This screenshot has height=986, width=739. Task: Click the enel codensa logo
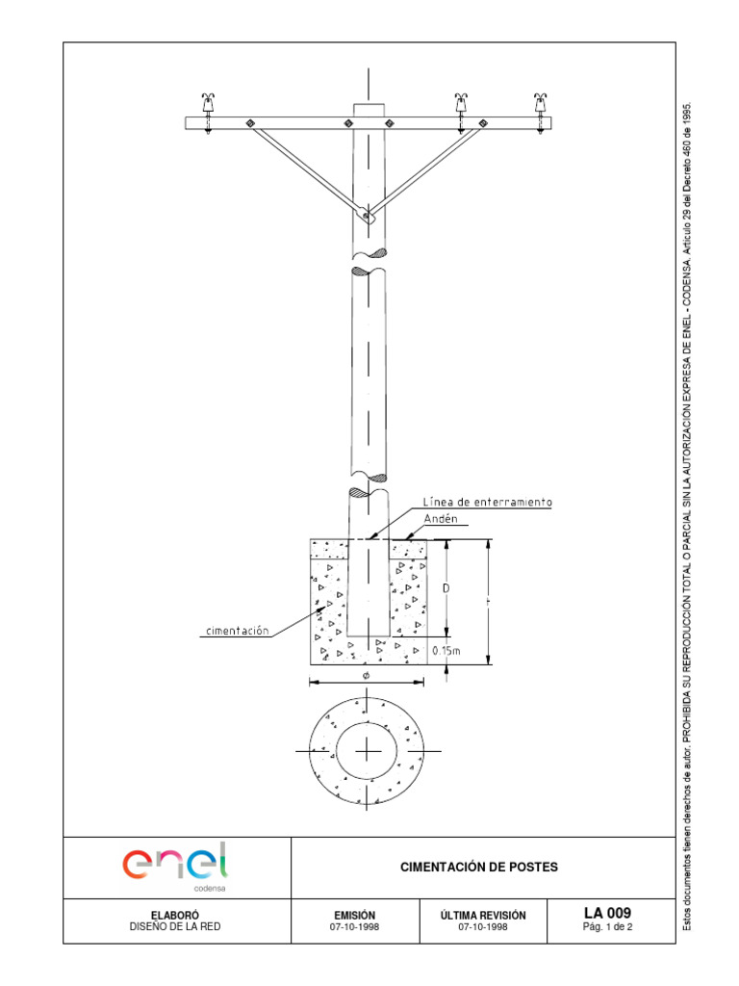(175, 863)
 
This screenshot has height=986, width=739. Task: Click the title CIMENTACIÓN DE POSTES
(478, 868)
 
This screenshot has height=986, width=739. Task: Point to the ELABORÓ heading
(175, 915)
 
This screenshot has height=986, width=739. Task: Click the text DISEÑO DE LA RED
(175, 927)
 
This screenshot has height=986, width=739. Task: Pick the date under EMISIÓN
(354, 927)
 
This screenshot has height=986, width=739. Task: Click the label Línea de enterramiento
(487, 503)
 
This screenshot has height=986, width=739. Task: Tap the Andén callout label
(439, 519)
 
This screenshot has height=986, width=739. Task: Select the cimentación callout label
(236, 632)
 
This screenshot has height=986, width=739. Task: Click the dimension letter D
(446, 586)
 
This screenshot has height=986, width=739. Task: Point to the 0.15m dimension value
(446, 651)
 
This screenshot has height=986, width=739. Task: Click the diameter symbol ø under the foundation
(367, 676)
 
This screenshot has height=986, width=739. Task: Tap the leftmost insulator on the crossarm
(208, 103)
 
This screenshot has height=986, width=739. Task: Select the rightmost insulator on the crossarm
(540, 103)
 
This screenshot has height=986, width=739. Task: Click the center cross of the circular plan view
(368, 750)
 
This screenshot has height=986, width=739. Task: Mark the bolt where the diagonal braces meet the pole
(367, 215)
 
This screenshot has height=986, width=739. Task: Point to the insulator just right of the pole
(462, 103)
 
